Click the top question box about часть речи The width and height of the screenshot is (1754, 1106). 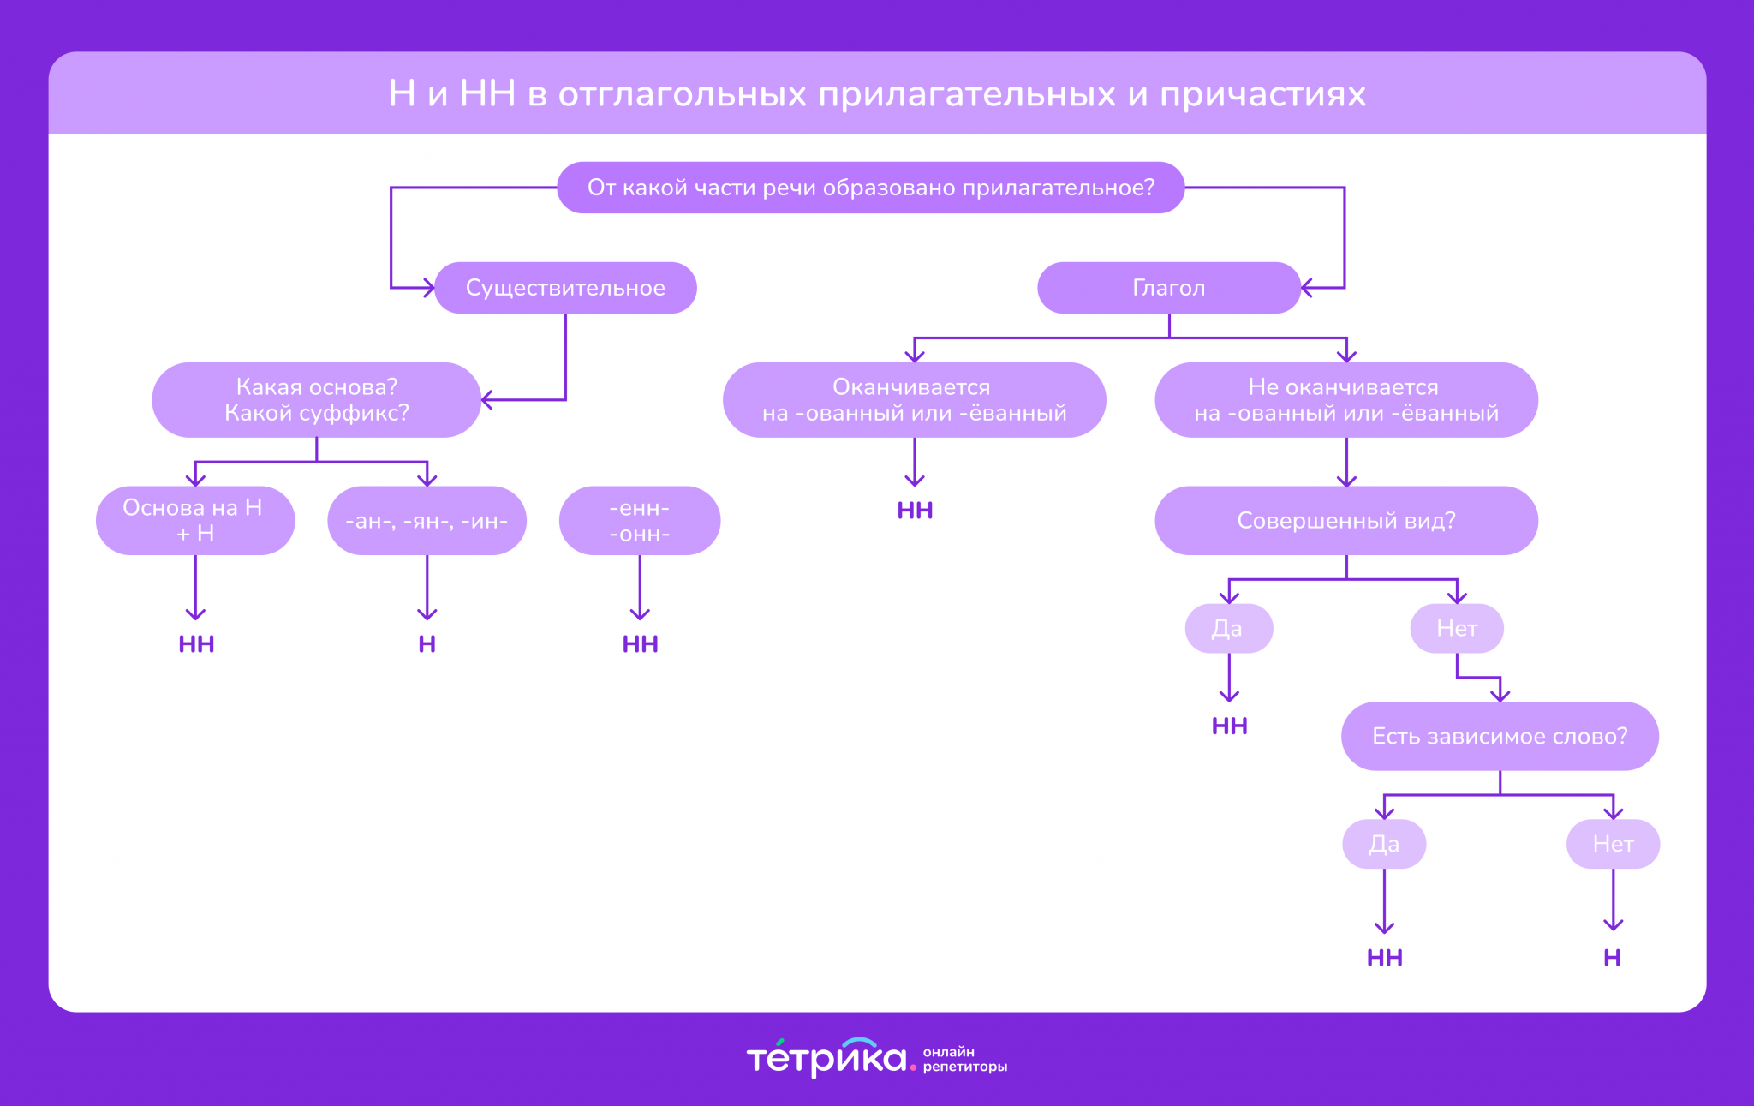pyautogui.click(x=870, y=188)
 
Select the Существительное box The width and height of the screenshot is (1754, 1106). pyautogui.click(x=565, y=288)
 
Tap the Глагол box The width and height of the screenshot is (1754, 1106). pyautogui.click(x=1168, y=288)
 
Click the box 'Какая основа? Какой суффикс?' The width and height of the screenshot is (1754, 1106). pyautogui.click(x=316, y=400)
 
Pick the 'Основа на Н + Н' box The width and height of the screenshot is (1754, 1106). pyautogui.click(x=195, y=521)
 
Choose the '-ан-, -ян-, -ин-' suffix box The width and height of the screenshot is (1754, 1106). pyautogui.click(x=427, y=521)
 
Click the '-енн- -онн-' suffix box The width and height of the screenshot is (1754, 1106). pyautogui.click(x=639, y=521)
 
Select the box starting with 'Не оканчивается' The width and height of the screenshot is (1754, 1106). pyautogui.click(x=1345, y=400)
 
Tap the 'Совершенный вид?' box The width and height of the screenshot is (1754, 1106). pyautogui.click(x=1345, y=521)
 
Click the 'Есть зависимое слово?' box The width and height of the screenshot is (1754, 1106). pyautogui.click(x=1499, y=736)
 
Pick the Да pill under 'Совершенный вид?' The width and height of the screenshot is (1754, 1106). pyautogui.click(x=1228, y=629)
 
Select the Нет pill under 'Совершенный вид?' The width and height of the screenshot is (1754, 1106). pyautogui.click(x=1456, y=629)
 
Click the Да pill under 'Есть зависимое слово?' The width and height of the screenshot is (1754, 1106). pyautogui.click(x=1383, y=844)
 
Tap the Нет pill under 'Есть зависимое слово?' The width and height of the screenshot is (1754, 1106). pyautogui.click(x=1613, y=844)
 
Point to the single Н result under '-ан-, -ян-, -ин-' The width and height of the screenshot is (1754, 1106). pyautogui.click(x=427, y=644)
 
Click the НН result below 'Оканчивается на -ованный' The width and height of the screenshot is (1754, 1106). pyautogui.click(x=915, y=511)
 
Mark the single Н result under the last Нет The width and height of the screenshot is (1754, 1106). pyautogui.click(x=1612, y=958)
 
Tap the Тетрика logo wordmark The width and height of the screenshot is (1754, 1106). pyautogui.click(x=826, y=1059)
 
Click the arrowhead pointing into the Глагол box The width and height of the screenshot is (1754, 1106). pyautogui.click(x=1306, y=288)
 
